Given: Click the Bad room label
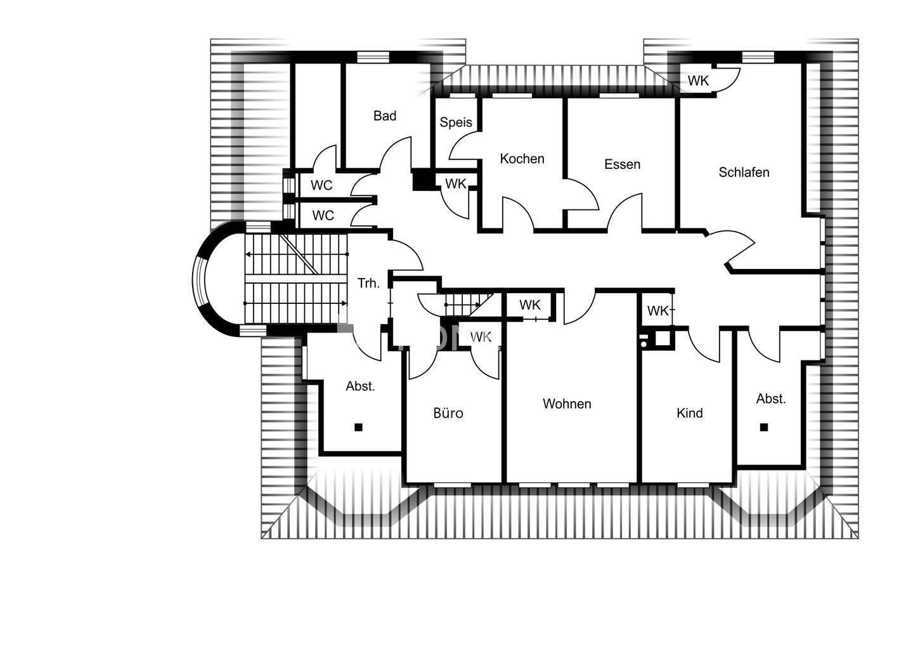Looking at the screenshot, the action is pos(384,115).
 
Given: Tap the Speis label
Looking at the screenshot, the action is pos(456,122).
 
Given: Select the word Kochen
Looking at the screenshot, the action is pos(522,159).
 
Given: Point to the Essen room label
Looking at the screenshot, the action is pos(622,164).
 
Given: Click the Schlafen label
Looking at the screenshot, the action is pos(744,172).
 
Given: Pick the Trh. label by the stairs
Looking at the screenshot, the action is pos(368,283).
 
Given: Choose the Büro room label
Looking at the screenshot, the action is pos(448,413).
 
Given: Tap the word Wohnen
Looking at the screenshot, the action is pos(567,404).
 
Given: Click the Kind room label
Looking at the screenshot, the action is pos(689,413).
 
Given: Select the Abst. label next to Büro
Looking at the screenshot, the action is pos(360,386).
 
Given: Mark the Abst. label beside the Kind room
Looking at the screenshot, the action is pos(771,399).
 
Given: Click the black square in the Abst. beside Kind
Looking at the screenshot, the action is pos(764,427).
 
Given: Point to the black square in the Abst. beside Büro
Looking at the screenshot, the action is pos(358,427).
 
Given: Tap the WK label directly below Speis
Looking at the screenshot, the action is pos(455,184).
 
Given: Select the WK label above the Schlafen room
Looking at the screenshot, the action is pos(698,81).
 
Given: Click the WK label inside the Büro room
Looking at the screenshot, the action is pos(481,337).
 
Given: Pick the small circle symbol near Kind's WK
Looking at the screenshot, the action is pos(644,343).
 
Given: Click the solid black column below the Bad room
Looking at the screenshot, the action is pos(420,180).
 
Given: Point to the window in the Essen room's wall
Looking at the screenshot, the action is pos(619,96).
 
